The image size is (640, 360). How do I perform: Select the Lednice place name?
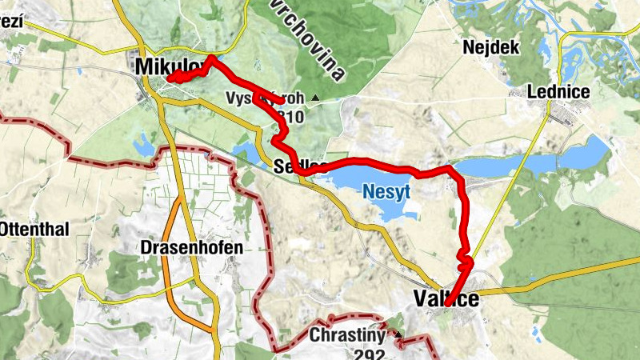[558, 92]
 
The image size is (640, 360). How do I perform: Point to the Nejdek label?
[491, 47]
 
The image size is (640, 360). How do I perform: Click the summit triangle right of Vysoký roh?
[315, 99]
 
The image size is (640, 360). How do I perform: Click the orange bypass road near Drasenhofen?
[169, 264]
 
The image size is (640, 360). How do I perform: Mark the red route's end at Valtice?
[449, 302]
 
